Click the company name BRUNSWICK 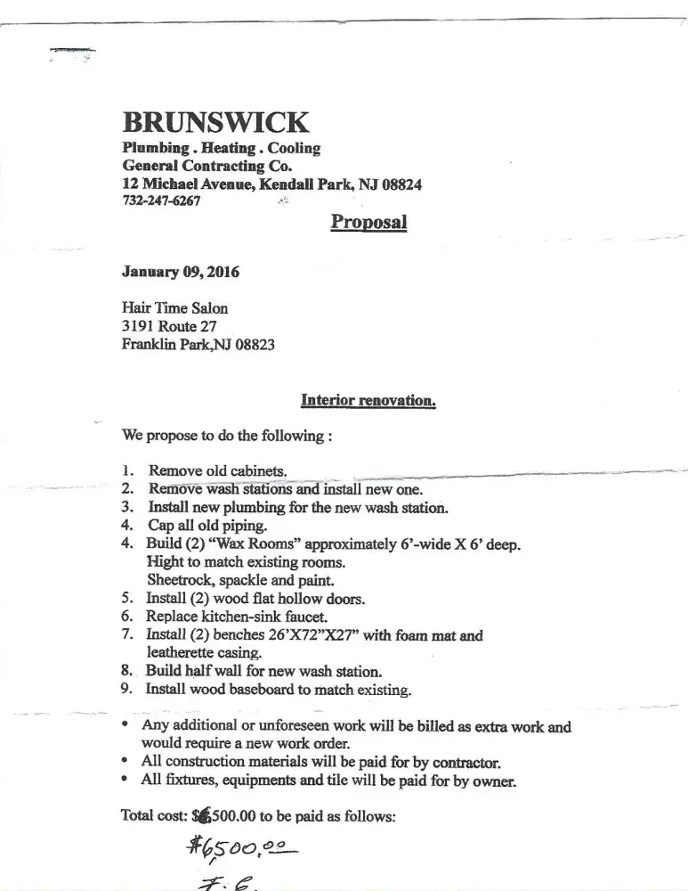pyautogui.click(x=215, y=122)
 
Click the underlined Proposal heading pyautogui.click(x=368, y=221)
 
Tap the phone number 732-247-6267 pyautogui.click(x=161, y=200)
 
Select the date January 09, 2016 pyautogui.click(x=180, y=272)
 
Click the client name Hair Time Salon pyautogui.click(x=174, y=308)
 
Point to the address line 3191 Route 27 pyautogui.click(x=169, y=326)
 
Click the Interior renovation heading pyautogui.click(x=368, y=401)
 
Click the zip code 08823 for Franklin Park pyautogui.click(x=255, y=344)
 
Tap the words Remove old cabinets pyautogui.click(x=217, y=471)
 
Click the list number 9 pyautogui.click(x=126, y=689)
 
